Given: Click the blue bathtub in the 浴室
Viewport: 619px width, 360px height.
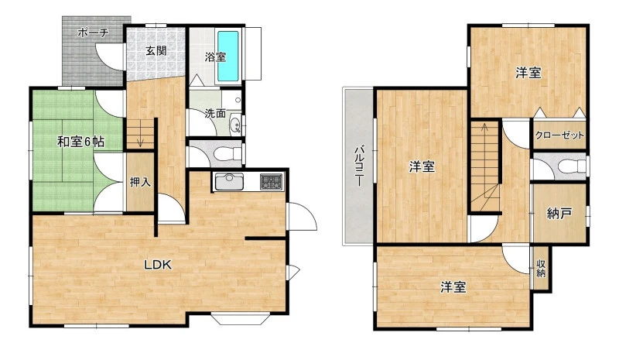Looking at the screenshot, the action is click(227, 56).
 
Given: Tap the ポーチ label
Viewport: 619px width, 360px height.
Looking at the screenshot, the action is click(93, 32).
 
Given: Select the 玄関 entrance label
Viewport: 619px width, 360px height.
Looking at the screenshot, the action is click(156, 50).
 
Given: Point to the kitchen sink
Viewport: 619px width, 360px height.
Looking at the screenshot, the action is click(229, 181).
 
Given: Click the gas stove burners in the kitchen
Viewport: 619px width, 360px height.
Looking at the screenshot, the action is click(272, 181).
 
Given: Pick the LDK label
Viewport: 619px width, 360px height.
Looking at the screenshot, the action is click(158, 265).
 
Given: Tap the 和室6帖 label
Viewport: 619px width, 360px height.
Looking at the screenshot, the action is click(81, 141).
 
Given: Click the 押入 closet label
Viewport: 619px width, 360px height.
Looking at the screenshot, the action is click(140, 182).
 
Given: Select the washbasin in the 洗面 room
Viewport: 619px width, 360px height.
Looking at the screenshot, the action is click(235, 124).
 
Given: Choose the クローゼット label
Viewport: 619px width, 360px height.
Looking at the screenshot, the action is click(559, 135).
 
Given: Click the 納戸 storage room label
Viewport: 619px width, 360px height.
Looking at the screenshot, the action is click(559, 214).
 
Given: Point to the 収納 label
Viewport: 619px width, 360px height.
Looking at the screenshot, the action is click(541, 269).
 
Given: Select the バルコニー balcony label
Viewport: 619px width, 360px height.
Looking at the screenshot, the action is click(359, 166).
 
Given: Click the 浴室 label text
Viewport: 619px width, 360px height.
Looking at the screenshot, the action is click(215, 57).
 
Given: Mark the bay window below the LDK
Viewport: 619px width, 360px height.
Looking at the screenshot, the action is click(240, 318).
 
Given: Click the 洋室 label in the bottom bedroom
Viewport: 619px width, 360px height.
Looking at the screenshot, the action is click(453, 287).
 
